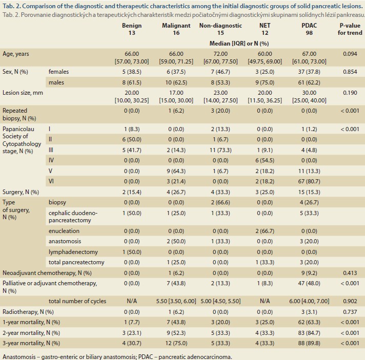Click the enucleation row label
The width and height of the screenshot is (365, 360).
tap(64, 231)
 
